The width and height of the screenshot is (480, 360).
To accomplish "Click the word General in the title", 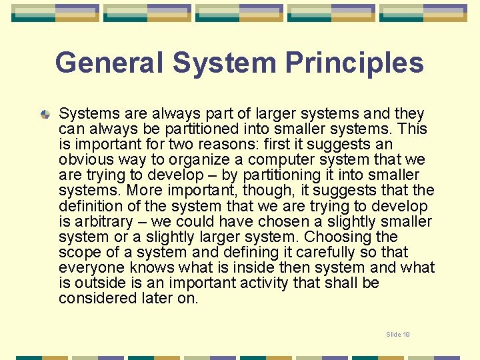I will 109,63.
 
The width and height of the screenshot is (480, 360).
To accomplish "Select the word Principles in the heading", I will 355,63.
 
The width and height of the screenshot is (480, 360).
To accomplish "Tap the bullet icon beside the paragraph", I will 45,115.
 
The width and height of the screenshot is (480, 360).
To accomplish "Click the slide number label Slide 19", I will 398,334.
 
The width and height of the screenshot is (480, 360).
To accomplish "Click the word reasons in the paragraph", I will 224,145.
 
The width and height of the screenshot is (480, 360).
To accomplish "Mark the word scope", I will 79,252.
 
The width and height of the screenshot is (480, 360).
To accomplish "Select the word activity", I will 266,283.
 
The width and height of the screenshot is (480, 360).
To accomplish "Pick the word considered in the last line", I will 96,298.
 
